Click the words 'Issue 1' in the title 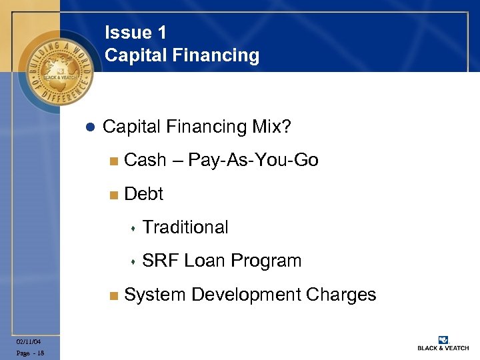(135, 33)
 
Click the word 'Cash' (145, 160)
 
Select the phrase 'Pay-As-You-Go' (253, 160)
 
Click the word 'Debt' (144, 194)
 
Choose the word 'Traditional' (185, 227)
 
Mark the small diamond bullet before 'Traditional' (133, 229)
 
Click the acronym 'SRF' (161, 261)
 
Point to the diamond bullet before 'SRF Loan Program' (133, 262)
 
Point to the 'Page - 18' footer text (31, 353)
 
